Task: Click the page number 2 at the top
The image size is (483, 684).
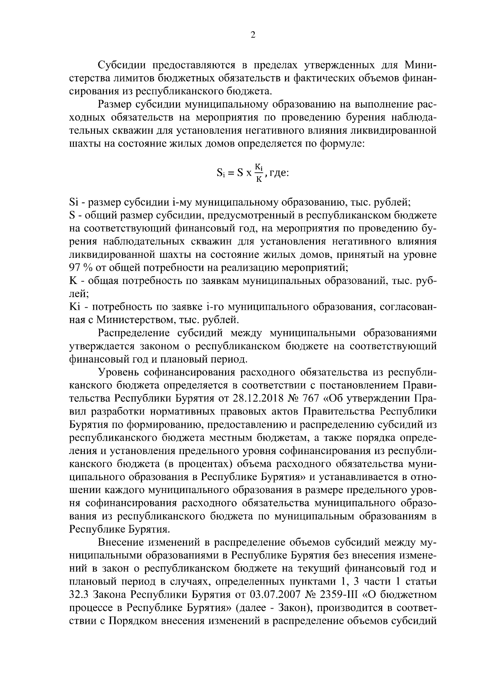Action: [253, 35]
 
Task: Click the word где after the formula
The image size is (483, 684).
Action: [279, 174]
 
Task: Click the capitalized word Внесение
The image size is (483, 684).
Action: [119, 542]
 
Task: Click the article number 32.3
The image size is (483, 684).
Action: [79, 595]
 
